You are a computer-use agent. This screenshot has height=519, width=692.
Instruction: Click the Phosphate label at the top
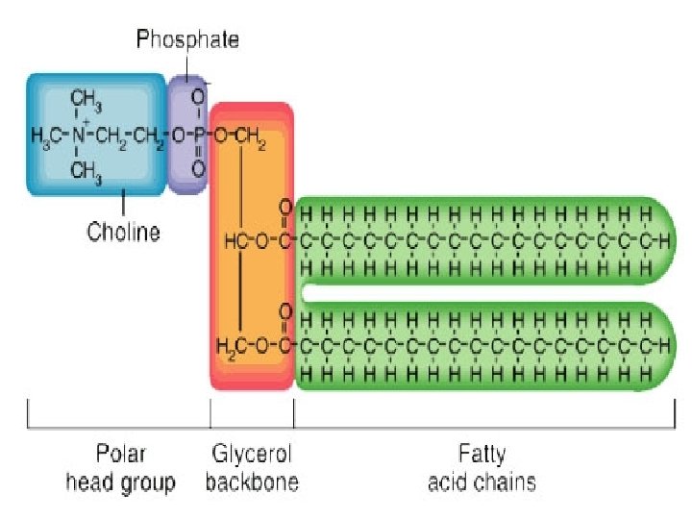187,39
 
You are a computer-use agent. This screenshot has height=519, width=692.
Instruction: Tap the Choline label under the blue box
123,232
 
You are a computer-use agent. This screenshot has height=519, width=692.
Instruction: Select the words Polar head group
120,467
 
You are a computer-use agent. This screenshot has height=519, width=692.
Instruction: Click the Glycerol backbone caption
251,467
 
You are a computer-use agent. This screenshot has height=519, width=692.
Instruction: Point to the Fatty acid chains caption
481,467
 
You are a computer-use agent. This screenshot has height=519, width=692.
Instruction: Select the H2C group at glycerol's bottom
231,344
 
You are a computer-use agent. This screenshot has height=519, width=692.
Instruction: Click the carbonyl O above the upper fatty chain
285,207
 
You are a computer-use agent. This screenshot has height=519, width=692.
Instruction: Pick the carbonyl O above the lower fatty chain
285,310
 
